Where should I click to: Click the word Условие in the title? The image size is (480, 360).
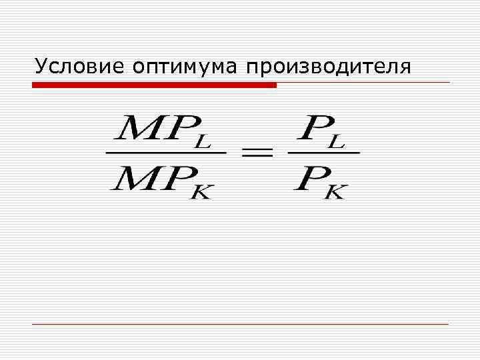click(x=79, y=67)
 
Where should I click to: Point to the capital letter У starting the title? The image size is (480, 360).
click(x=42, y=67)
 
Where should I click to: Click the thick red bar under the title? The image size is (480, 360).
click(x=154, y=85)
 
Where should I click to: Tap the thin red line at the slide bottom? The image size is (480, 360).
click(x=240, y=324)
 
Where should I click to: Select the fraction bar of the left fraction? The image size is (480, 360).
click(x=166, y=152)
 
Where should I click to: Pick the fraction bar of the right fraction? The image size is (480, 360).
click(x=323, y=152)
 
